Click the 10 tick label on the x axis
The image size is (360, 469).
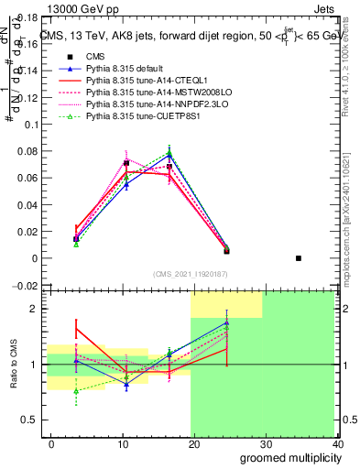click(123, 444)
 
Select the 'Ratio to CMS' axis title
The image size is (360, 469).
click(14, 364)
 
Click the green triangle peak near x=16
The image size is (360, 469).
click(169, 153)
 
